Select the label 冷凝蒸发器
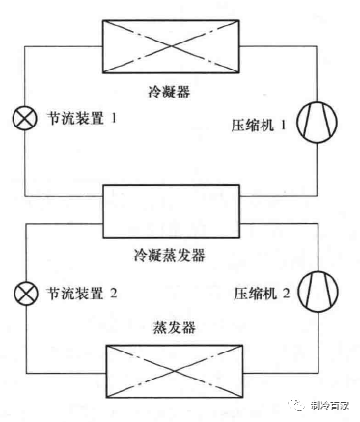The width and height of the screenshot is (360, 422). coord(170,258)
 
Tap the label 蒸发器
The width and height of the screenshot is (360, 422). coord(170,325)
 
